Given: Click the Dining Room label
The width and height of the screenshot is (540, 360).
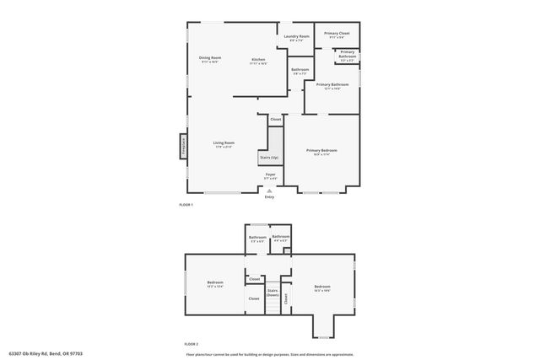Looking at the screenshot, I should tap(210, 58).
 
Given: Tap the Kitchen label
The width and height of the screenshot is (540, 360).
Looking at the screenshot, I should tap(258, 60).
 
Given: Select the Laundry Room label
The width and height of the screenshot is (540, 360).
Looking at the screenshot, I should tap(296, 37).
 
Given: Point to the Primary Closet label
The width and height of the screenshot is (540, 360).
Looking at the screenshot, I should tap(337, 34).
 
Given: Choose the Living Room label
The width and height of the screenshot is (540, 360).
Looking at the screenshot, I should tap(224, 143).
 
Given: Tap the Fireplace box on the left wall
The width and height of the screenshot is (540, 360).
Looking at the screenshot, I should tap(181, 147).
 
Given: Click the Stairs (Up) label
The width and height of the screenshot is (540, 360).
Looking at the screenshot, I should tap(268, 158).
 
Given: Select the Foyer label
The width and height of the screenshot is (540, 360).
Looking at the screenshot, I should tap(270, 175).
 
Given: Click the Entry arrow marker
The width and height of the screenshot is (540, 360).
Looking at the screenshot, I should tap(269, 191).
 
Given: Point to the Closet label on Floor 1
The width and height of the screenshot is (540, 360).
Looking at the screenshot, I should tap(275, 120).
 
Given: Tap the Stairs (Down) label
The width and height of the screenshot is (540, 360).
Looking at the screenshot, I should tap(273, 293).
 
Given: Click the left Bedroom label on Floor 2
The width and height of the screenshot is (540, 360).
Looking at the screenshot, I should tap(214, 283).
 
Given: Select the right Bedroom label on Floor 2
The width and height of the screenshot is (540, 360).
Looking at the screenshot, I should tap(321, 287).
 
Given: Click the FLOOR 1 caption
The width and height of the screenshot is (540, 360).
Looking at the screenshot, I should tap(186, 206).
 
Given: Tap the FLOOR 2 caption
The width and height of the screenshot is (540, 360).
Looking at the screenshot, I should tap(192, 344).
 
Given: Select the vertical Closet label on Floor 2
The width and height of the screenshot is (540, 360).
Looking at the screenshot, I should tap(286, 297).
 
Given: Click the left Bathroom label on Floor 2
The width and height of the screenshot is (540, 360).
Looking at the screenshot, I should tap(257, 238).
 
